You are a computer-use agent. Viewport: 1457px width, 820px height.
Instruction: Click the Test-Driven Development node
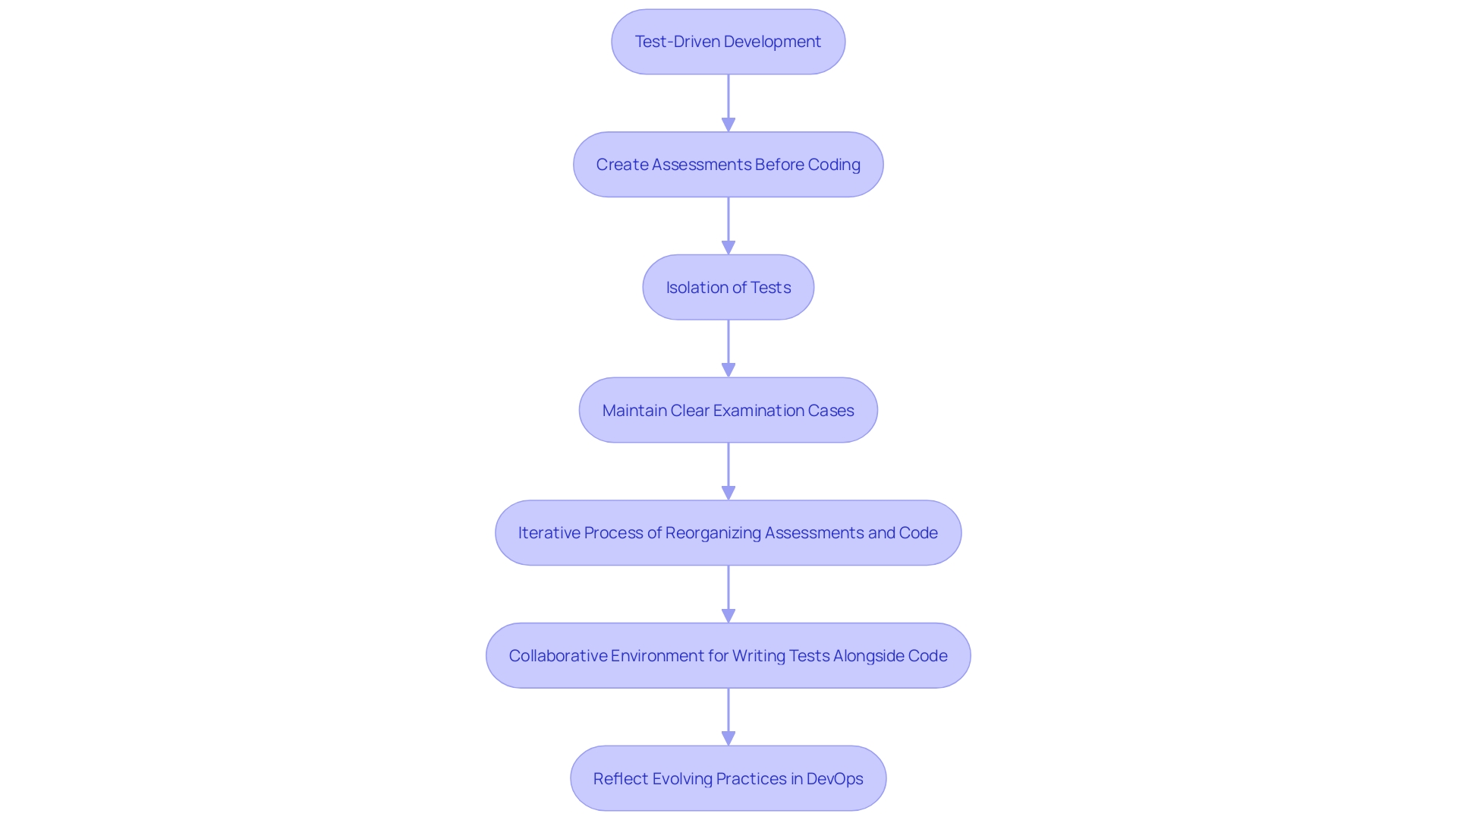(728, 42)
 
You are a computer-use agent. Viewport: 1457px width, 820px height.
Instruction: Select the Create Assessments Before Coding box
(728, 165)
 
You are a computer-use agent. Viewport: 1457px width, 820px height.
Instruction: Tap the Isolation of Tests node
(728, 287)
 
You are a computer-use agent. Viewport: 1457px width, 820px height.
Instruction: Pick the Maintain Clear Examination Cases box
(728, 410)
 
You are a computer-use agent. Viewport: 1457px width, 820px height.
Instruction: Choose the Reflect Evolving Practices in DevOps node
(728, 778)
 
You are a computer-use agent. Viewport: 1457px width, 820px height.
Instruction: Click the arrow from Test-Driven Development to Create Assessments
(728, 102)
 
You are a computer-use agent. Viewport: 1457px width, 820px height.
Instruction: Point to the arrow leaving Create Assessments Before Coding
(728, 225)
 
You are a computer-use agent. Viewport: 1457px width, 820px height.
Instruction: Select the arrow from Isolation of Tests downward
(728, 348)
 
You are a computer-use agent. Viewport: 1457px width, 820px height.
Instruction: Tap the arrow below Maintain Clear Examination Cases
(728, 471)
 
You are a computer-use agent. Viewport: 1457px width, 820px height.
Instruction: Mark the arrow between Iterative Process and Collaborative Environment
(728, 594)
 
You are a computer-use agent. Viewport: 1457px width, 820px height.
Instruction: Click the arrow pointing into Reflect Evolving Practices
(728, 717)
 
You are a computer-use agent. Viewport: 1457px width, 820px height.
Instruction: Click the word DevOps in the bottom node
(835, 779)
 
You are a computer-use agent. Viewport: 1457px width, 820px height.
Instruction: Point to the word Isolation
(697, 288)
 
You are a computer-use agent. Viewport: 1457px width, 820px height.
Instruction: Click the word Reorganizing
(713, 533)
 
